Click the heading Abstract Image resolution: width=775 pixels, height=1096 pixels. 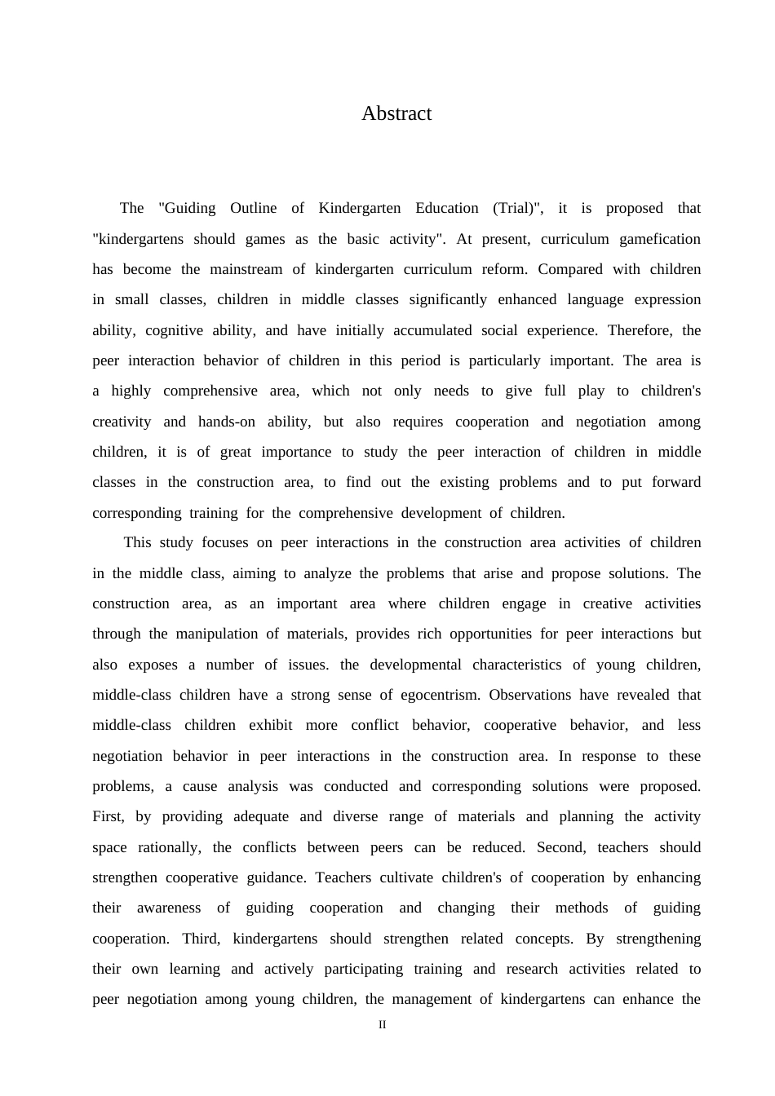click(x=396, y=114)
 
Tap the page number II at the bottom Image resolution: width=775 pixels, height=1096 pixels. click(x=382, y=1025)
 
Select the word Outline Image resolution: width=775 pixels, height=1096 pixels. click(x=253, y=208)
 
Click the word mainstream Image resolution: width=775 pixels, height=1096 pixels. click(x=246, y=269)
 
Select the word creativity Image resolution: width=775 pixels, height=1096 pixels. click(x=122, y=422)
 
